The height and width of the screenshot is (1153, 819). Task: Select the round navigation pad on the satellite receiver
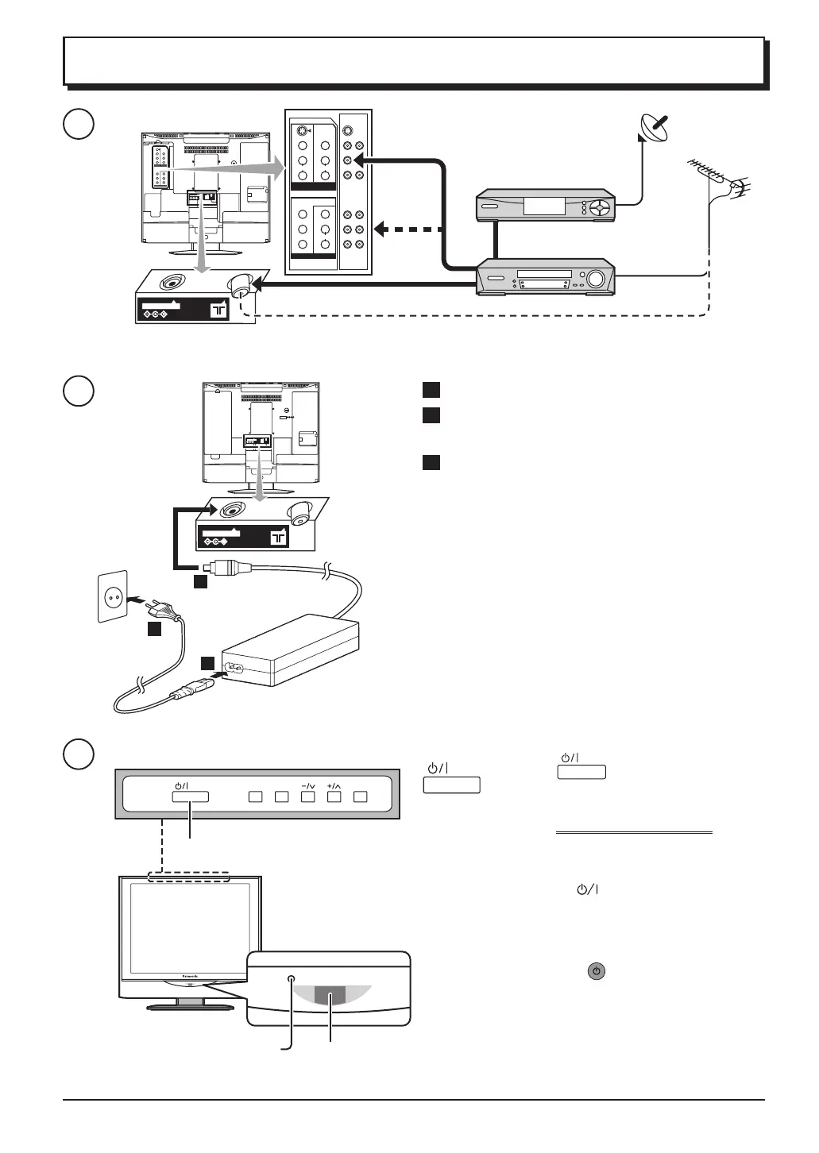602,208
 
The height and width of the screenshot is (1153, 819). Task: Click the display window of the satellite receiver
544,206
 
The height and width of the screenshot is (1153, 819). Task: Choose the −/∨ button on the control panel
308,796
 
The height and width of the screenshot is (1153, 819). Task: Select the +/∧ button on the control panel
334,796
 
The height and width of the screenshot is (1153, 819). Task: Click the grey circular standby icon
596,971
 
